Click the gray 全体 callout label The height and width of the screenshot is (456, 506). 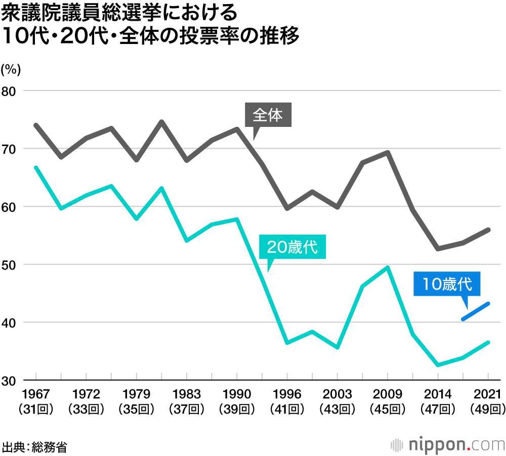tap(268, 116)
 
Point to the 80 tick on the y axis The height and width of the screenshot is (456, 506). tap(11, 91)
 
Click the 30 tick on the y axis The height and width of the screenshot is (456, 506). tap(11, 380)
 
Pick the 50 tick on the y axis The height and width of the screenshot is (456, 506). tap(11, 264)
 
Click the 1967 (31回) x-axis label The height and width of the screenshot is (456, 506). tap(36, 401)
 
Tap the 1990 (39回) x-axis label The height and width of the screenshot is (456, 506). tap(237, 401)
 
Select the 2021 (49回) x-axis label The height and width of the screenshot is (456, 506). tap(488, 401)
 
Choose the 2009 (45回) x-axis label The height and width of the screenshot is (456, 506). tap(387, 401)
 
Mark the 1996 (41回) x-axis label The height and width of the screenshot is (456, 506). tap(287, 401)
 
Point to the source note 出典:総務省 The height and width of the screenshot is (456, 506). tap(34, 447)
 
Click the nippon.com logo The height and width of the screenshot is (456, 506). tap(448, 445)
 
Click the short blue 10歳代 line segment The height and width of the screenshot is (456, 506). tap(475, 311)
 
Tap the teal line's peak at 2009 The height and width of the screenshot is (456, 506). tap(388, 267)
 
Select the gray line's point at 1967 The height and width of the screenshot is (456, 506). tap(36, 125)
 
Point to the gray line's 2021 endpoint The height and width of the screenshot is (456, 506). tap(488, 230)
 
